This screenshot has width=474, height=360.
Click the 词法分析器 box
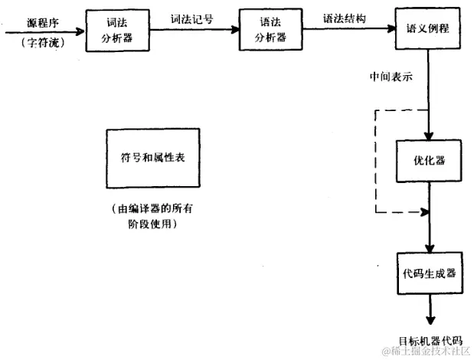point(116,30)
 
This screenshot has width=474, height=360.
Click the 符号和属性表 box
point(153,157)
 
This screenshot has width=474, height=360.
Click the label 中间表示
point(391,77)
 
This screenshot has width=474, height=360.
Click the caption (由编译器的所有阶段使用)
point(153,216)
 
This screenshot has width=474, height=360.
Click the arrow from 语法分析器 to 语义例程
point(348,30)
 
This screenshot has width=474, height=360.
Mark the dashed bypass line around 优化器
point(375,161)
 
